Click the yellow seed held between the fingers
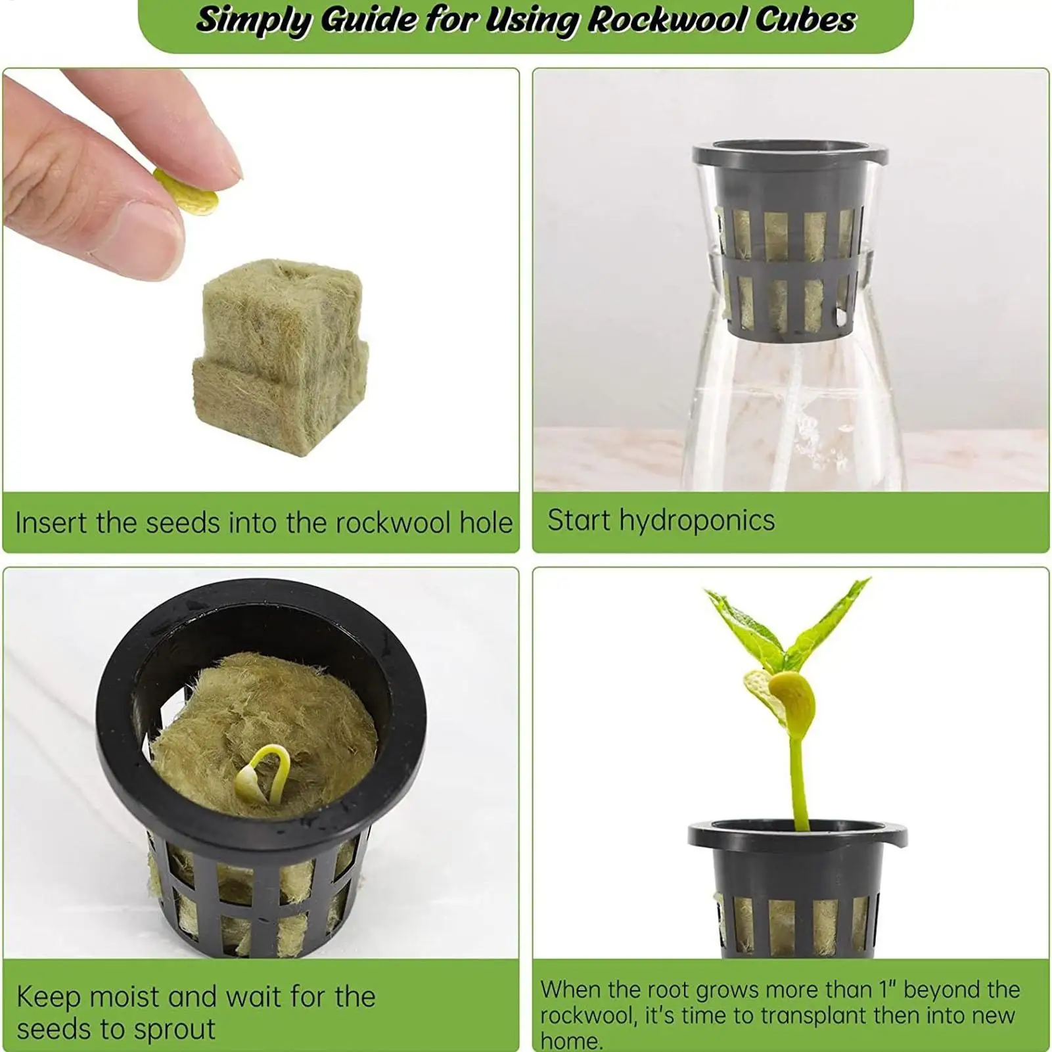click(x=186, y=191)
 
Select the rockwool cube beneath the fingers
click(x=281, y=355)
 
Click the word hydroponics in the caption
click(x=697, y=521)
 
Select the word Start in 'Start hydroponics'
click(x=580, y=520)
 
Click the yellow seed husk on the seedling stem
click(x=794, y=703)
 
